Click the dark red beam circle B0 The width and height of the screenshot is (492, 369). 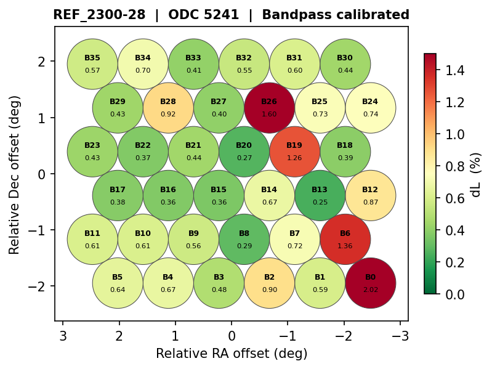point(370,283)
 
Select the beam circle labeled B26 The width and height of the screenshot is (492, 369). point(269,108)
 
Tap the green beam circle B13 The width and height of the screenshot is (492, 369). point(320,195)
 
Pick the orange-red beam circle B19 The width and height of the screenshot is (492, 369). point(294,152)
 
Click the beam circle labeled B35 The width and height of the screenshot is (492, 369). point(92,64)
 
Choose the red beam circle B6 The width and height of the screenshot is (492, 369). point(345,239)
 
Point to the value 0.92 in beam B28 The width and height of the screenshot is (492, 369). point(168,114)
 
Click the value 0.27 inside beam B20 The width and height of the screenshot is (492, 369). point(244,158)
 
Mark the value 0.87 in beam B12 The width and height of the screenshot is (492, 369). point(370,202)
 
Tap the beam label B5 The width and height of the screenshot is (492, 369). point(118,277)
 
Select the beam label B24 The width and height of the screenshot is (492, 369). point(370,102)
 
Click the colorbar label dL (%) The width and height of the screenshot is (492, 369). point(476,174)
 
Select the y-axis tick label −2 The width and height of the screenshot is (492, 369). point(41,286)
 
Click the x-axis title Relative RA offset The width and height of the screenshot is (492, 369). point(232,354)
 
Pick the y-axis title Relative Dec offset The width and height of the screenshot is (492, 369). point(15,174)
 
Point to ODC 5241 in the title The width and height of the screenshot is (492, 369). point(204,15)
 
